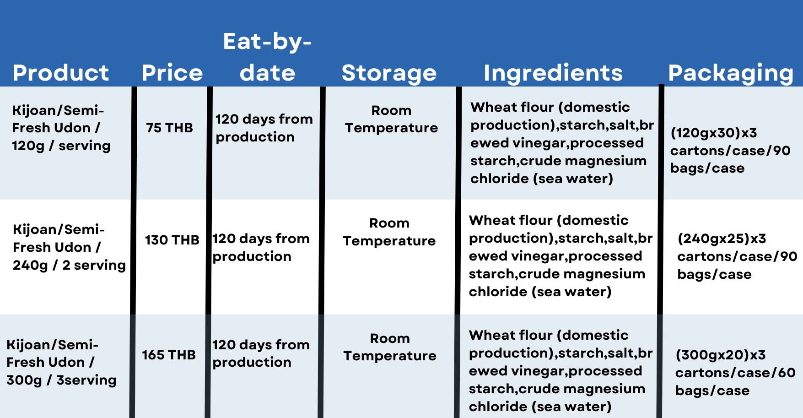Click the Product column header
point(61,73)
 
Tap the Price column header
point(172,73)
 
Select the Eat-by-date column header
point(268,57)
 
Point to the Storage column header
point(389,73)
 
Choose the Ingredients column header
point(553,73)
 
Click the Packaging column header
point(731,73)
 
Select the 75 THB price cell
point(169,128)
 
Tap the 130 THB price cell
point(172,240)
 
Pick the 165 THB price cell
point(169,355)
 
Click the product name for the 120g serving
point(61,128)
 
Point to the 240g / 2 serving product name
point(69,247)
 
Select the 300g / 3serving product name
point(61,362)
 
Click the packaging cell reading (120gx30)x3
point(730,151)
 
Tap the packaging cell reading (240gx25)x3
point(737,256)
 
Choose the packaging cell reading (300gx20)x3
point(735,373)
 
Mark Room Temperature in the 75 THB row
point(391,119)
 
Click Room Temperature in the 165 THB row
point(390,347)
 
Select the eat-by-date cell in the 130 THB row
point(261,247)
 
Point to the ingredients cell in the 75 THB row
point(562,143)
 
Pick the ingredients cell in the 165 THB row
point(560,371)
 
